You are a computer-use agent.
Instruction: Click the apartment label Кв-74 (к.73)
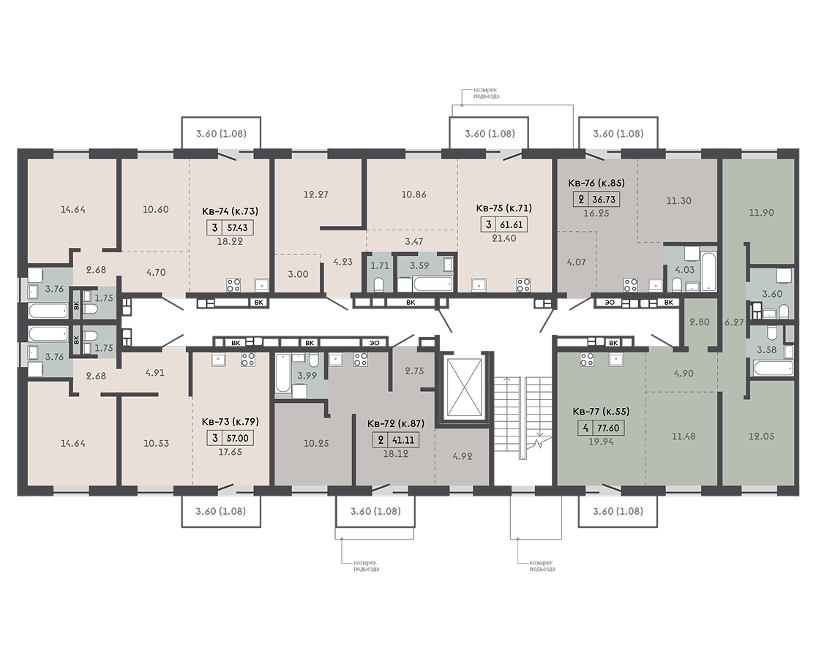click(x=230, y=211)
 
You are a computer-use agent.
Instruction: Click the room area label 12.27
click(x=316, y=194)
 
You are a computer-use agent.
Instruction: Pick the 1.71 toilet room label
click(x=380, y=265)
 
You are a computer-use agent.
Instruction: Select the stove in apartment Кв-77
click(x=587, y=359)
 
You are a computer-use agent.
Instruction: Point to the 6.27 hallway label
click(x=734, y=322)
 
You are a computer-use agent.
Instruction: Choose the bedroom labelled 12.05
click(x=761, y=436)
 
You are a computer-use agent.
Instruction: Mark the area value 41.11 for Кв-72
click(x=404, y=440)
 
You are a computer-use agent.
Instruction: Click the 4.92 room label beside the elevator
click(x=462, y=457)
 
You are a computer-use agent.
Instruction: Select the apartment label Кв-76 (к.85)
click(x=596, y=183)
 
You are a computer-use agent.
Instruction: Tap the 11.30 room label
click(x=678, y=200)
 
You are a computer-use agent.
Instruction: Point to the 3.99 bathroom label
click(x=307, y=375)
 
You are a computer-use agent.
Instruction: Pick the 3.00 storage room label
click(x=298, y=274)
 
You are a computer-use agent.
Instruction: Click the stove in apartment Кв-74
click(x=233, y=285)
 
